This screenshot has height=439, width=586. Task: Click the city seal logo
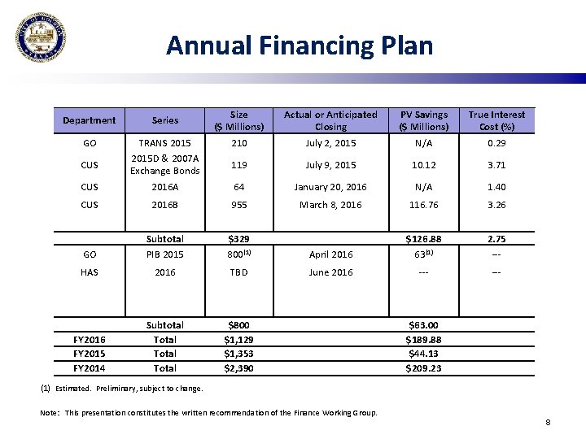pos(41,38)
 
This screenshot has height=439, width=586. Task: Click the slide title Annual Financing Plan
pos(300,45)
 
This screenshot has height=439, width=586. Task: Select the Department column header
pos(90,120)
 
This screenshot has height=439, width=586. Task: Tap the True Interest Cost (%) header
pos(496,120)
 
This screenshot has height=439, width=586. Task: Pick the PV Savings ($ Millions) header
pos(423,120)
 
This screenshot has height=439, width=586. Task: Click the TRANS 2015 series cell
pos(165,143)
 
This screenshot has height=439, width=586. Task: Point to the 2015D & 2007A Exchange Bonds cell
pos(165,164)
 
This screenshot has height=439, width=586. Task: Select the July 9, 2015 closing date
pos(330,165)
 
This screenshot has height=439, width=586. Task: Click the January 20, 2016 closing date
pos(330,186)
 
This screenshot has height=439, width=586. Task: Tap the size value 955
pos(238,205)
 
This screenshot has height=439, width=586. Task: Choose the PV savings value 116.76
pos(423,205)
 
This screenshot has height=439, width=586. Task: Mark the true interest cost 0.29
pos(496,143)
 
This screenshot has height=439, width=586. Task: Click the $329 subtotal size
pos(238,239)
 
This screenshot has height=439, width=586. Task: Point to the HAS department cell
pos(90,272)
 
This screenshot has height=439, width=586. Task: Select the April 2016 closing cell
pos(330,254)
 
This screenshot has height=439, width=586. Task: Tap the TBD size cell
pos(238,272)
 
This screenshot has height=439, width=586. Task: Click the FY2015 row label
pos(90,354)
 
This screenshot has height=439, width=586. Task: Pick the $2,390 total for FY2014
pos(238,368)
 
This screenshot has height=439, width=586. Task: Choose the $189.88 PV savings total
pos(423,339)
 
